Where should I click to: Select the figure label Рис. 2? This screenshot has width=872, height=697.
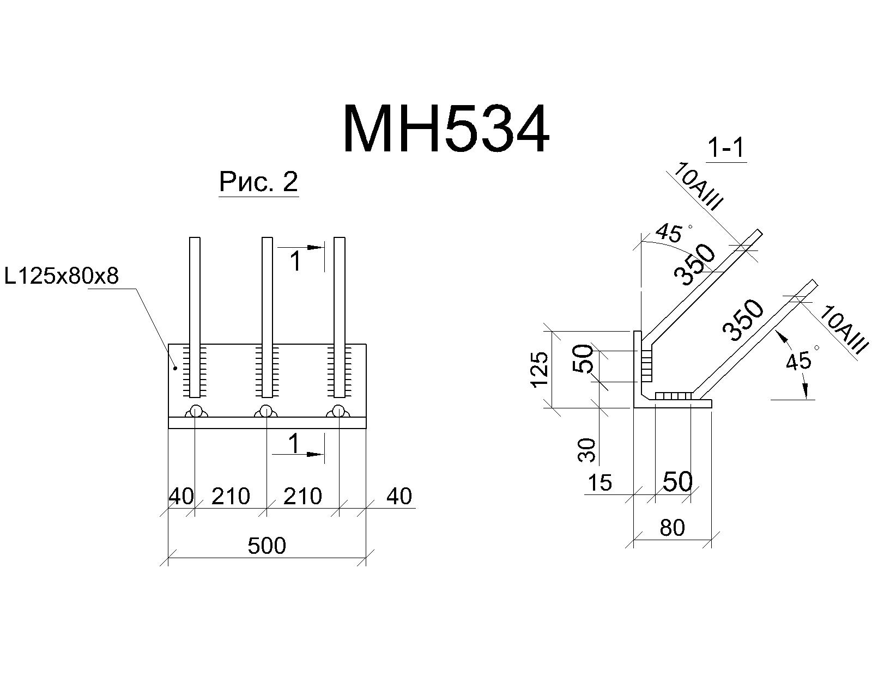pos(258,181)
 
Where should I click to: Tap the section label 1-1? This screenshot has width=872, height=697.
pos(726,148)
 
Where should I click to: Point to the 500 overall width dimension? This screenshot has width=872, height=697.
pos(267,546)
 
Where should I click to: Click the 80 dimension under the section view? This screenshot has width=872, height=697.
pos(672,528)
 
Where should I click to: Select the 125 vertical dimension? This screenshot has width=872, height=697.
pos(540,369)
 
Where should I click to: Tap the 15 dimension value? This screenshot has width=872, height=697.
pos(599,482)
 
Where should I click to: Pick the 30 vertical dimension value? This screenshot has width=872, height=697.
pos(587,450)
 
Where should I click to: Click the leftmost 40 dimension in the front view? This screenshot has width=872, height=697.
pos(181,496)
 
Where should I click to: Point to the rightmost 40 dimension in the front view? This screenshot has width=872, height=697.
pos(399,496)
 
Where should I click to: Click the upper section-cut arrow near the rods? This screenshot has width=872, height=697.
pos(301,247)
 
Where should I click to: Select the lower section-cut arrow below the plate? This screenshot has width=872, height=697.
pos(298,454)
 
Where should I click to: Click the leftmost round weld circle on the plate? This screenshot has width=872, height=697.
pos(196,411)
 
